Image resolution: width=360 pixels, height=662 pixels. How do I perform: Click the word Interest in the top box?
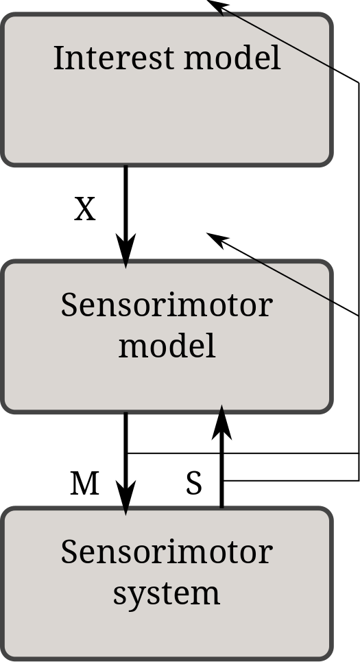tap(114, 58)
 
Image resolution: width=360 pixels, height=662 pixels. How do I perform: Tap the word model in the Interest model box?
tap(232, 58)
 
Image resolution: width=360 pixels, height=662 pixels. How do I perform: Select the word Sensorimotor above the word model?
tap(167, 305)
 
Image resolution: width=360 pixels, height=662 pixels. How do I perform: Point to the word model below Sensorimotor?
tap(167, 346)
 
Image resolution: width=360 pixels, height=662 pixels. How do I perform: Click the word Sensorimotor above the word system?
tap(167, 552)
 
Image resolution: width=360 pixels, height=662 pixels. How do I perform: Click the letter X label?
tap(85, 209)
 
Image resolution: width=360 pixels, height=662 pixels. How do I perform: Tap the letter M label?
tap(84, 484)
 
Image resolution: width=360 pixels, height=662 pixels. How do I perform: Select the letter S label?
tap(194, 484)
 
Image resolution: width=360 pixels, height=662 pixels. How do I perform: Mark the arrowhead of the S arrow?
tap(221, 422)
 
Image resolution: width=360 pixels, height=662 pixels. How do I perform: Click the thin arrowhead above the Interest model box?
tap(218, 5)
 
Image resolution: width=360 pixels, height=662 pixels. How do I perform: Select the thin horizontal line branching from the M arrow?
tap(243, 453)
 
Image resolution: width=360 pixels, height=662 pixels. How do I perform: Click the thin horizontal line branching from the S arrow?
tap(291, 480)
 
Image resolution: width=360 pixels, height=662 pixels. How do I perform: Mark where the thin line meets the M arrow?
tap(126, 453)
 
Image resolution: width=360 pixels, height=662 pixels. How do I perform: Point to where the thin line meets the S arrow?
tap(222, 480)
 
